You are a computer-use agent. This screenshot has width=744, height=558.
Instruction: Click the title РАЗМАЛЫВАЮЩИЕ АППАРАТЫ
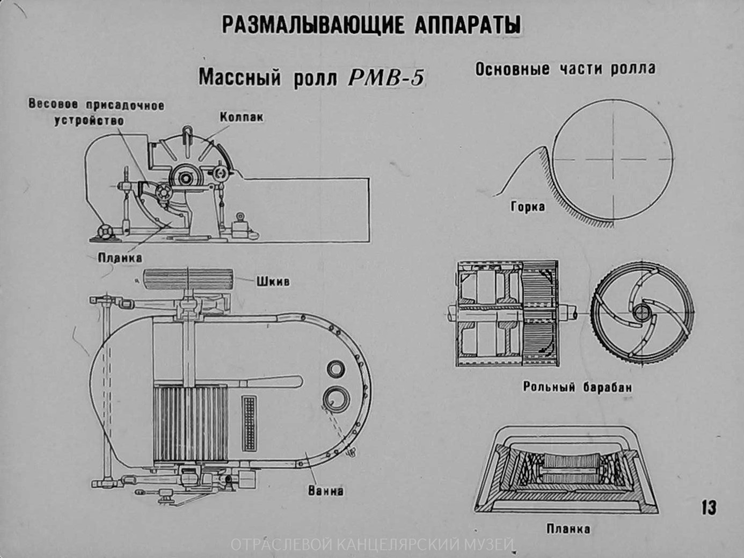(x=371, y=25)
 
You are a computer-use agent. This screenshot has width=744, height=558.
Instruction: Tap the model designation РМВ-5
(x=386, y=78)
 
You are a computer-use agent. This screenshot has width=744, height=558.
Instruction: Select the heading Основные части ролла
(x=565, y=69)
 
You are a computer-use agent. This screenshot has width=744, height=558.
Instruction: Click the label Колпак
(x=242, y=117)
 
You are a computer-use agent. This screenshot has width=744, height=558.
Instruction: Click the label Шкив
(x=273, y=281)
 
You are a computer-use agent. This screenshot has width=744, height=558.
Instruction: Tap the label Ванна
(x=326, y=490)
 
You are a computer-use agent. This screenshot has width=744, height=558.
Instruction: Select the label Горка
(x=528, y=206)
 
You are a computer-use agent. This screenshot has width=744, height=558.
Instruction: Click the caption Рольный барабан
(x=578, y=387)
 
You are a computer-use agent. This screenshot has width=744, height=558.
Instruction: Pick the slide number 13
(x=709, y=507)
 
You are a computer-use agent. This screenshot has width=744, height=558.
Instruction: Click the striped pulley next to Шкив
(x=188, y=280)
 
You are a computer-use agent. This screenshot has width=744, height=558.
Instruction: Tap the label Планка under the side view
(x=120, y=258)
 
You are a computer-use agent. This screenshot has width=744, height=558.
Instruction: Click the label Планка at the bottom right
(x=568, y=528)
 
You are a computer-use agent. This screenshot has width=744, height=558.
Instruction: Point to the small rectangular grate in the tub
(x=250, y=423)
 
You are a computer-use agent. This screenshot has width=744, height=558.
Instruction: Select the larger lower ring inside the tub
(x=337, y=398)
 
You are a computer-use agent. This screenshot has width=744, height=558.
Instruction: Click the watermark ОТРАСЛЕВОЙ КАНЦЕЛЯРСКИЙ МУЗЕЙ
(x=372, y=546)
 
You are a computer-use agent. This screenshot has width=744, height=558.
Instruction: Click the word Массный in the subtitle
(x=239, y=78)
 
